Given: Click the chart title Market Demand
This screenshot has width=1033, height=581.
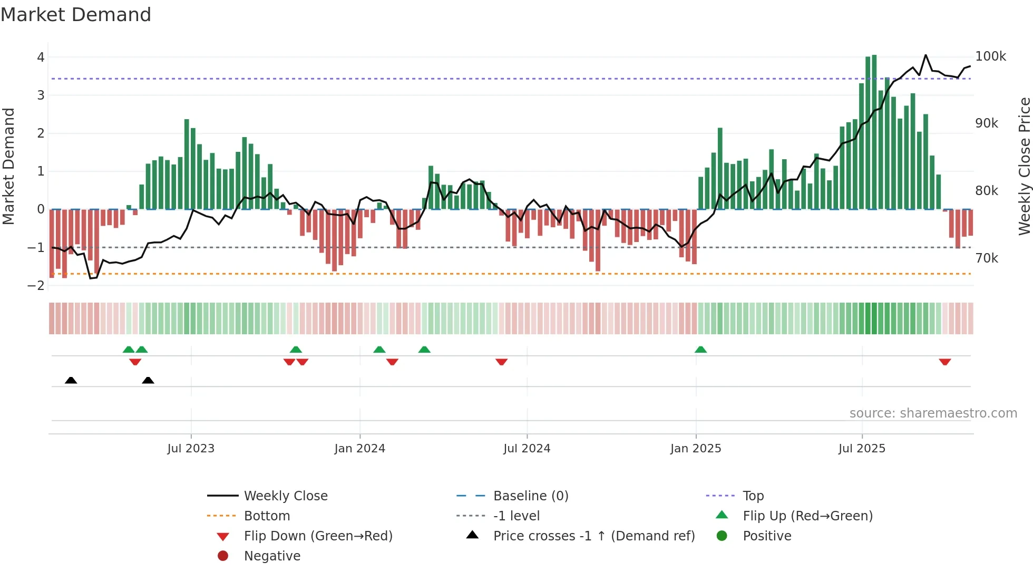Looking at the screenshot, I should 76,14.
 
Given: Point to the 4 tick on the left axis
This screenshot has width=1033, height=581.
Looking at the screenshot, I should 41,57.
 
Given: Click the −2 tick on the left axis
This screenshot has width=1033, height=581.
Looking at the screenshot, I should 36,285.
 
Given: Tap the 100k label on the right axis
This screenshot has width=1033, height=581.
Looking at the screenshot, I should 990,56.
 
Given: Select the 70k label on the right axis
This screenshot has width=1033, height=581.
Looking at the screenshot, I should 987,258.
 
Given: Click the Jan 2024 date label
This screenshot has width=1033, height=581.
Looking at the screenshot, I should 359,448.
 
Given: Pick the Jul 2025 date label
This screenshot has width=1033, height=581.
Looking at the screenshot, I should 862,448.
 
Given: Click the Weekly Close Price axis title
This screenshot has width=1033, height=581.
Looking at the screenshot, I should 1024,166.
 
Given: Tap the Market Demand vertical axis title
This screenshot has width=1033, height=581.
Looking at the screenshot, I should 8,166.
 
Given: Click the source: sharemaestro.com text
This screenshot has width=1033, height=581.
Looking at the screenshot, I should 933,413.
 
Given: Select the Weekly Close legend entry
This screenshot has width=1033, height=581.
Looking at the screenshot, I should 285,496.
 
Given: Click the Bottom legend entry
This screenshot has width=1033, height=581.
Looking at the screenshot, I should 267,516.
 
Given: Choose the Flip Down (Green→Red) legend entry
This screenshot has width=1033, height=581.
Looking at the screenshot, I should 318,536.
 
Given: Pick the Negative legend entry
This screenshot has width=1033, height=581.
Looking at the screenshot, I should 272,556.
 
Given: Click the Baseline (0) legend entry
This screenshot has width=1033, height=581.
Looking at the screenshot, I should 530,496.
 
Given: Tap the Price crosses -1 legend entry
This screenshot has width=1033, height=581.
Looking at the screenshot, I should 593,536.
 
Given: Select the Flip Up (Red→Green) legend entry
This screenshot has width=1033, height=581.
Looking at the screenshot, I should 807,516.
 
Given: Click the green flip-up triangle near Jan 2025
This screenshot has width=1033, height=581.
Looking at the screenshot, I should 700,350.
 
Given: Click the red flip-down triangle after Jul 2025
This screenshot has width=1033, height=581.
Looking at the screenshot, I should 944,362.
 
